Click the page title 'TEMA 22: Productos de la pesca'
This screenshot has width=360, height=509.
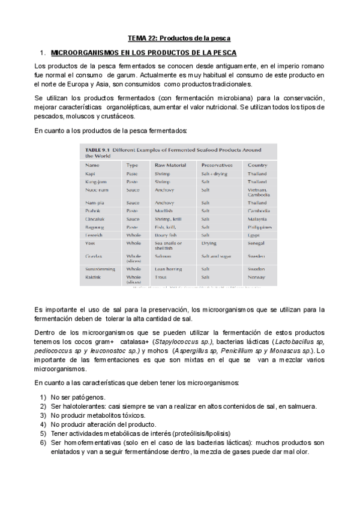pyautogui.click(x=180, y=37)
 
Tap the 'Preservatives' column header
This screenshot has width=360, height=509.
pyautogui.click(x=218, y=164)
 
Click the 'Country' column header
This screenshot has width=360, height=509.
pyautogui.click(x=257, y=164)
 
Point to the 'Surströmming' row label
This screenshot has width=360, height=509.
pyautogui.click(x=101, y=270)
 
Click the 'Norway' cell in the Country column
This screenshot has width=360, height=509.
pyautogui.click(x=257, y=277)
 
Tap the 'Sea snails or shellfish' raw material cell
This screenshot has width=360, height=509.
pyautogui.click(x=168, y=246)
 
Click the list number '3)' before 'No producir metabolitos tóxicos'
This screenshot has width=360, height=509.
pyautogui.click(x=43, y=415)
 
